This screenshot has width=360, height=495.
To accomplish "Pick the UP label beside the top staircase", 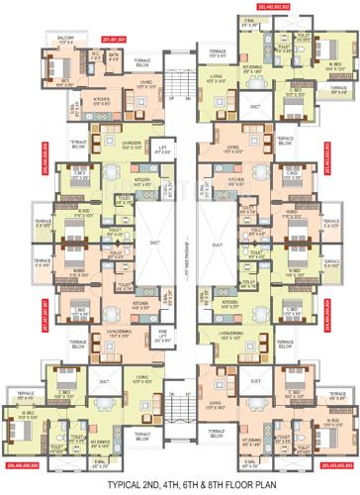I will tap(171, 99).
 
